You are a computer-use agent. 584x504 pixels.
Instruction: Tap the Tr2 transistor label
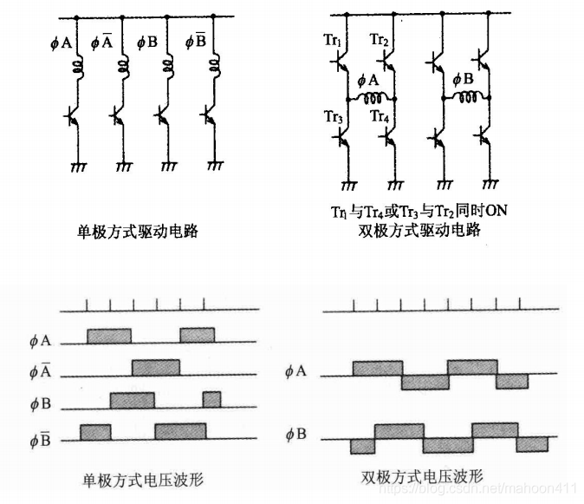click(x=380, y=40)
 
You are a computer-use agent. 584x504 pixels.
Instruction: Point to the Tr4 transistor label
click(x=380, y=116)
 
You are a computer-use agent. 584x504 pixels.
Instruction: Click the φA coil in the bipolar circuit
click(x=371, y=95)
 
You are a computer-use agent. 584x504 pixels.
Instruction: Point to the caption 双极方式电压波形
click(x=421, y=475)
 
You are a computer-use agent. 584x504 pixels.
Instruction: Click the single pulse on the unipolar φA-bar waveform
click(x=156, y=367)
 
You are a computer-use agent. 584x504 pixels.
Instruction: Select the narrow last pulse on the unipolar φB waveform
click(x=211, y=399)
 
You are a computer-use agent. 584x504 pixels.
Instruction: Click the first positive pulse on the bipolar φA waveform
click(x=377, y=368)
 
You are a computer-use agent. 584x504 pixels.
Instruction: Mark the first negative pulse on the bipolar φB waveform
click(x=361, y=446)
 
